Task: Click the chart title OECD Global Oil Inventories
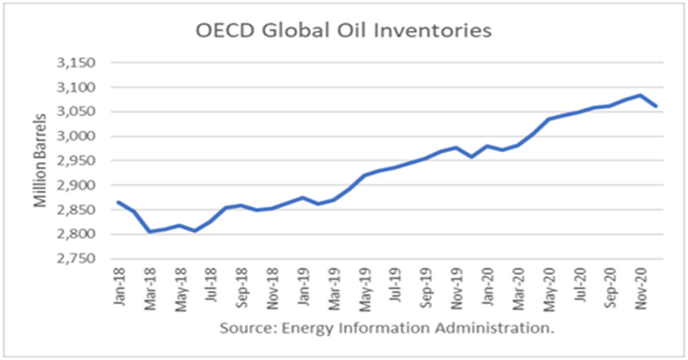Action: [343, 30]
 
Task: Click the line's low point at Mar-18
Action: [149, 232]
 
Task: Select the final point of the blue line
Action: [656, 106]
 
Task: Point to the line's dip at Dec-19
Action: [471, 156]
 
